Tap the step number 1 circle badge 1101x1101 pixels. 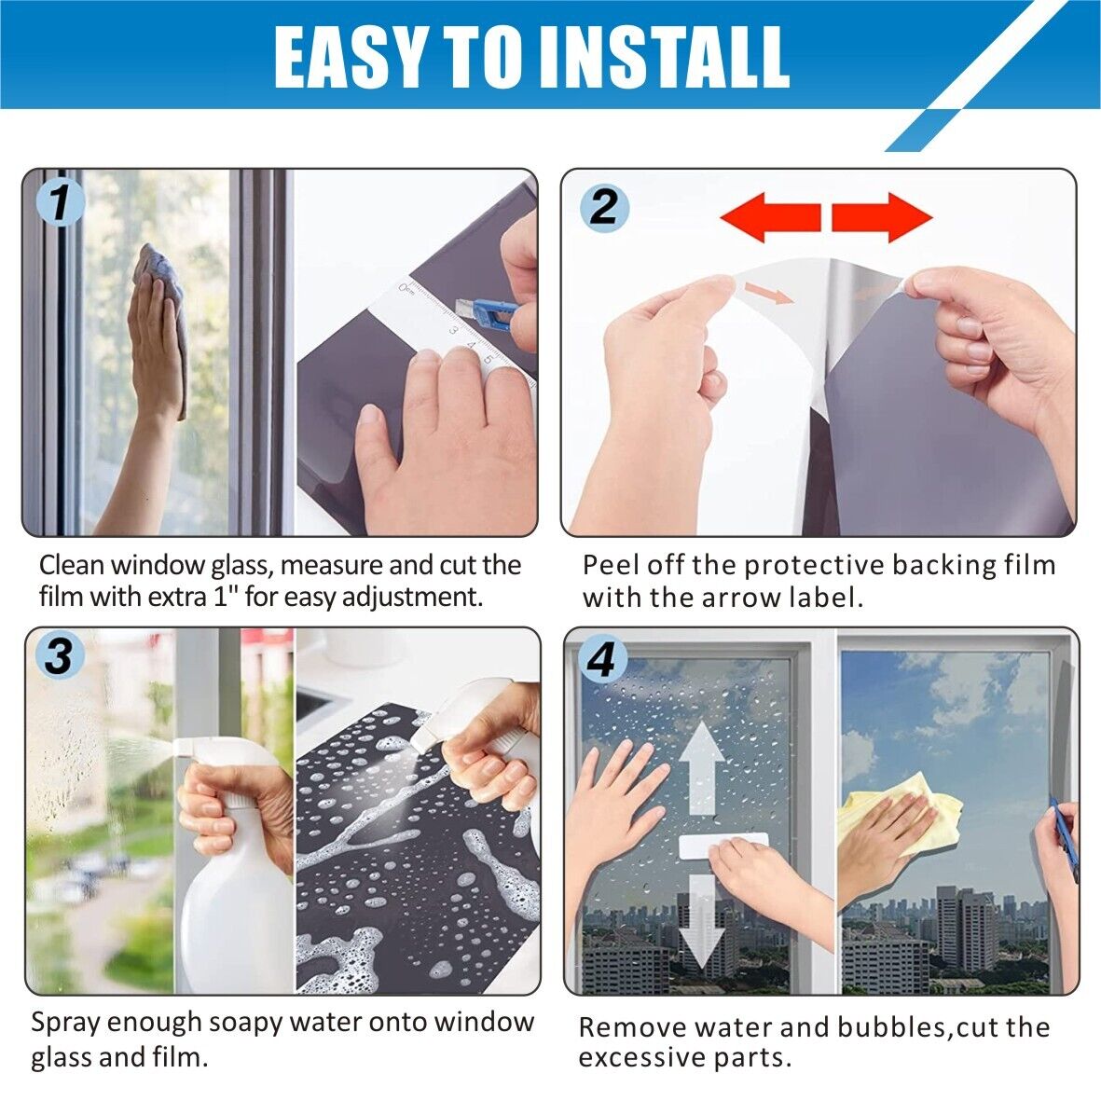pos(61,201)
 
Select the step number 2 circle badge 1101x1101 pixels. pos(604,206)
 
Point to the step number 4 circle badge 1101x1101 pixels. pos(601,660)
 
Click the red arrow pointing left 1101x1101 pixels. pos(770,217)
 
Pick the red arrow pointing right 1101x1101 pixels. pos(882,217)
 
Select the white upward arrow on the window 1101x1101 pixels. pos(701,769)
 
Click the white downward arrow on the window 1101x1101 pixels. pos(701,921)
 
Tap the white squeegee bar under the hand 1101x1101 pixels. pos(723,846)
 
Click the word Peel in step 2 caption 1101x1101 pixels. pos(611,566)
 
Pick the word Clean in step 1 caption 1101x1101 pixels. pos(72,565)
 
